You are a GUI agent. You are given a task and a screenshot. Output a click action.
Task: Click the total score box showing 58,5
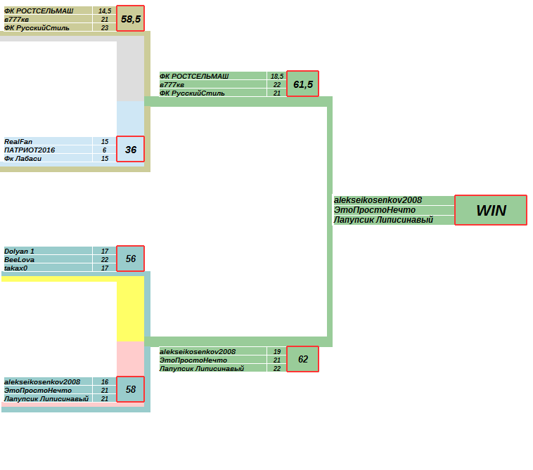[x=130, y=19]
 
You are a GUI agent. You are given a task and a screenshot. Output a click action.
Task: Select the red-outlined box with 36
[x=130, y=149]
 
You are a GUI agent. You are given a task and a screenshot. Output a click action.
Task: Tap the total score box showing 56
[x=130, y=259]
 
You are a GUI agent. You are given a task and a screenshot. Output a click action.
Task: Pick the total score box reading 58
[x=130, y=389]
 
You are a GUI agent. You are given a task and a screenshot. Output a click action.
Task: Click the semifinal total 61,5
[x=303, y=84]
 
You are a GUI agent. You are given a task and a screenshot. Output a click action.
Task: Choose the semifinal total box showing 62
[x=303, y=359]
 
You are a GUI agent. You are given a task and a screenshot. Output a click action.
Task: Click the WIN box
[x=490, y=210]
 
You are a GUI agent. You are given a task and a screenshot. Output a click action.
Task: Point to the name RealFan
[x=18, y=141]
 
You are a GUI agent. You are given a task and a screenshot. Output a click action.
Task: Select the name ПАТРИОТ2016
[x=30, y=150]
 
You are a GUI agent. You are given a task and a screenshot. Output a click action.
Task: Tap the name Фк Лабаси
[x=23, y=158]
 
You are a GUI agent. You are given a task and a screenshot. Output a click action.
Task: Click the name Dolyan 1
[x=19, y=251]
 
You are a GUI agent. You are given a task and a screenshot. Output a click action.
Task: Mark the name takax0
[x=17, y=268]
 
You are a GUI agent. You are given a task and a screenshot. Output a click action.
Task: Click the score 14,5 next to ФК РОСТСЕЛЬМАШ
[x=104, y=11]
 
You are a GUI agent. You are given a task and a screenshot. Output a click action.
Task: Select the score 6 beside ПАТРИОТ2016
[x=104, y=150]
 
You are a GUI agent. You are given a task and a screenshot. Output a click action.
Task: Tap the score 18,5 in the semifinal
[x=277, y=76]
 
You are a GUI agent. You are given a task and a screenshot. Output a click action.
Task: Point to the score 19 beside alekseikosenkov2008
[x=277, y=351]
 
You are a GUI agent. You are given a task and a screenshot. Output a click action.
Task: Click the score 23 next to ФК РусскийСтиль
[x=104, y=28]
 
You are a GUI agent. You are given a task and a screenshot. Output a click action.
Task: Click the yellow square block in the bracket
[x=130, y=309]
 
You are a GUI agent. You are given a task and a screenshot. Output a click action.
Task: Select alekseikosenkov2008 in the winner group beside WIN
[x=378, y=200]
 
